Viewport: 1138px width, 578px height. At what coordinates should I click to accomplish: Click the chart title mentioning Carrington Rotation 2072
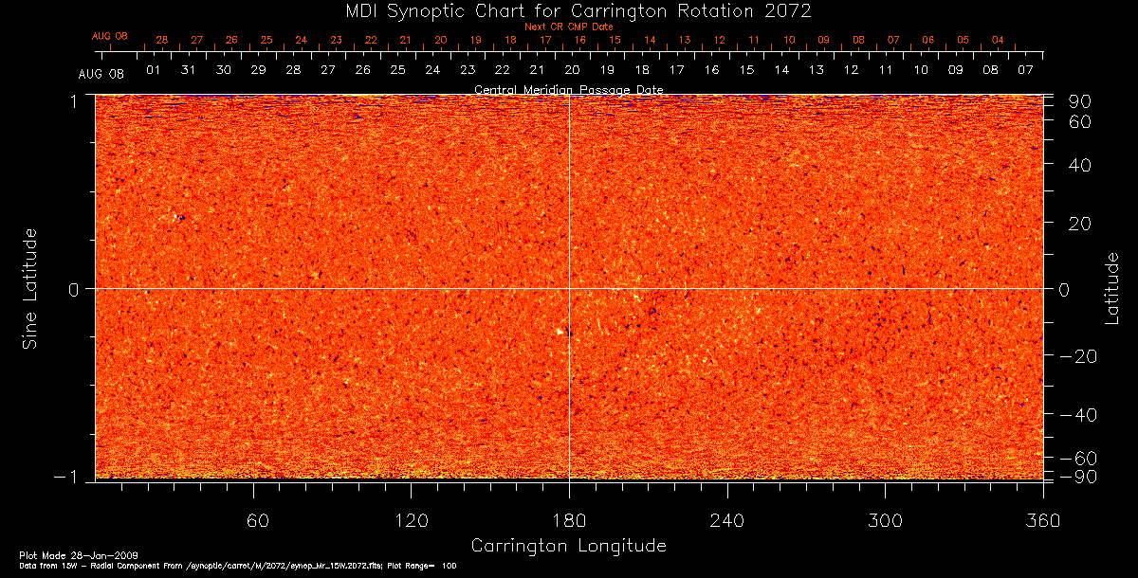[x=569, y=10]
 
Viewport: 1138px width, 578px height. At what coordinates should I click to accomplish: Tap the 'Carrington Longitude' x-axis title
[x=568, y=546]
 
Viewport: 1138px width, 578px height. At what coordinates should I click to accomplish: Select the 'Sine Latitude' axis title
[x=31, y=287]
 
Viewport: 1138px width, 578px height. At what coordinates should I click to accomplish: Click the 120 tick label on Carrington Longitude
[x=411, y=521]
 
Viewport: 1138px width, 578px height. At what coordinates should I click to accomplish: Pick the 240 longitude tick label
[x=726, y=521]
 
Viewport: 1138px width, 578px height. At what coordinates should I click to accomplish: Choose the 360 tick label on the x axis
[x=1042, y=521]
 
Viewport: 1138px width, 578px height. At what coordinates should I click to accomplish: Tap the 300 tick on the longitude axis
[x=885, y=521]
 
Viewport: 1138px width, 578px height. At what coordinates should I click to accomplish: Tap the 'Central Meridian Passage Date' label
[x=568, y=90]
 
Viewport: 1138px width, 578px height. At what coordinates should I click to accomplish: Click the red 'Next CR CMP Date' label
[x=568, y=27]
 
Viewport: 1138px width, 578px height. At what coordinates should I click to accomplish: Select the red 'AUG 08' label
[x=109, y=35]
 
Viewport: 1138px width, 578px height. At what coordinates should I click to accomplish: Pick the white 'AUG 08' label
[x=101, y=74]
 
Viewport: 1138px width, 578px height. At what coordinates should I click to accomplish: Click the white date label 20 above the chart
[x=572, y=70]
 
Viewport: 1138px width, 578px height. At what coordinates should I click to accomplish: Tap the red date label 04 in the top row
[x=998, y=41]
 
